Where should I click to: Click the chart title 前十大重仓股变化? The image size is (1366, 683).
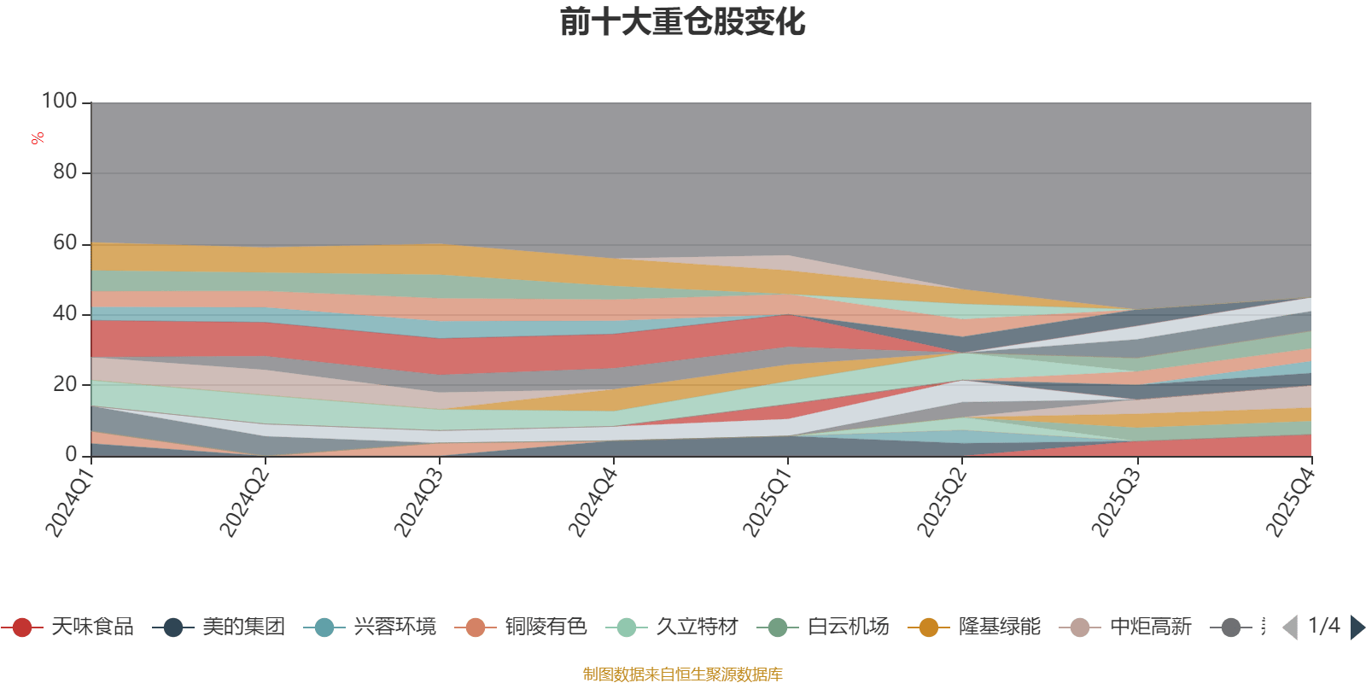pyautogui.click(x=682, y=23)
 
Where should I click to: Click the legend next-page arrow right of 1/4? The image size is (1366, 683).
pyautogui.click(x=1357, y=628)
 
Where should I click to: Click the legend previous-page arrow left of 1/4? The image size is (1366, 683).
pyautogui.click(x=1290, y=628)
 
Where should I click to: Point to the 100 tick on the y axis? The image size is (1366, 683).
pyautogui.click(x=60, y=102)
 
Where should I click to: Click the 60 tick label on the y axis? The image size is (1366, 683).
pyautogui.click(x=65, y=243)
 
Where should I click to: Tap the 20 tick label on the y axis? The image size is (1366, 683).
pyautogui.click(x=65, y=384)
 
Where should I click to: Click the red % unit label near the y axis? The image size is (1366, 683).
pyautogui.click(x=37, y=138)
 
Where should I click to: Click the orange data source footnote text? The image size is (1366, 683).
pyautogui.click(x=682, y=674)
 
